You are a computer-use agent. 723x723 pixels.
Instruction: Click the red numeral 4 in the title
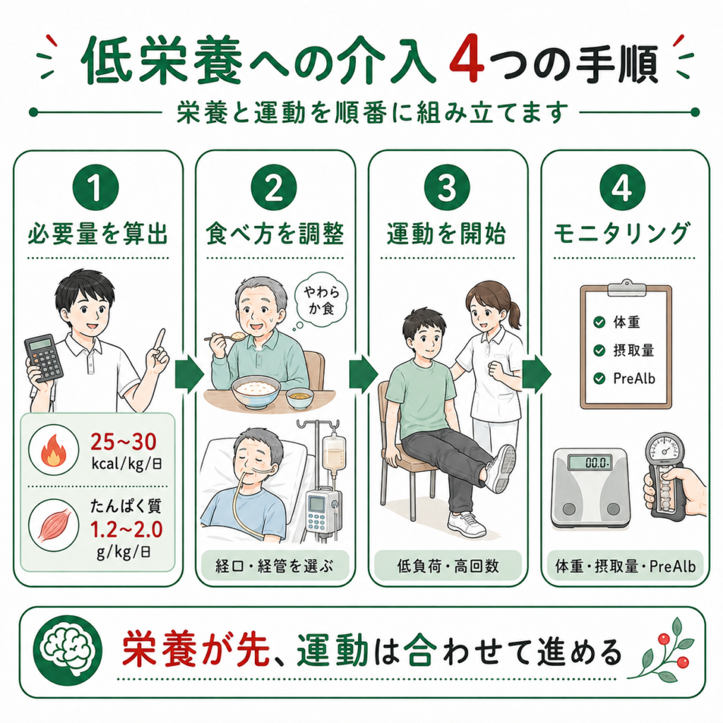point(467,61)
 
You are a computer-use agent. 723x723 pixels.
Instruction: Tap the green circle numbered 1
point(95,188)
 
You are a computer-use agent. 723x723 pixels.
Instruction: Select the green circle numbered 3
point(447,188)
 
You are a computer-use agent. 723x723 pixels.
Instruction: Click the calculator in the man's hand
point(44,358)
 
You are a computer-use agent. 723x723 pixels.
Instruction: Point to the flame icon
point(54,450)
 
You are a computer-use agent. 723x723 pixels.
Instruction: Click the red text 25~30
point(124,442)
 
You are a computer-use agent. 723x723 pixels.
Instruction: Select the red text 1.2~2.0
point(126,530)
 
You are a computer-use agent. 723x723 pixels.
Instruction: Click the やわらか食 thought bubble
point(321,299)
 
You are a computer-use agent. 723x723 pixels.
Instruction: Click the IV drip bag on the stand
point(334,451)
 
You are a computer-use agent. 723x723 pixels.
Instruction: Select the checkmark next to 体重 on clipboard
point(599,322)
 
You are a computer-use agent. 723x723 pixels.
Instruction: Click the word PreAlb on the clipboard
point(634,378)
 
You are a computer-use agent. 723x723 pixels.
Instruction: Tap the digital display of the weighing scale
point(590,462)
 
